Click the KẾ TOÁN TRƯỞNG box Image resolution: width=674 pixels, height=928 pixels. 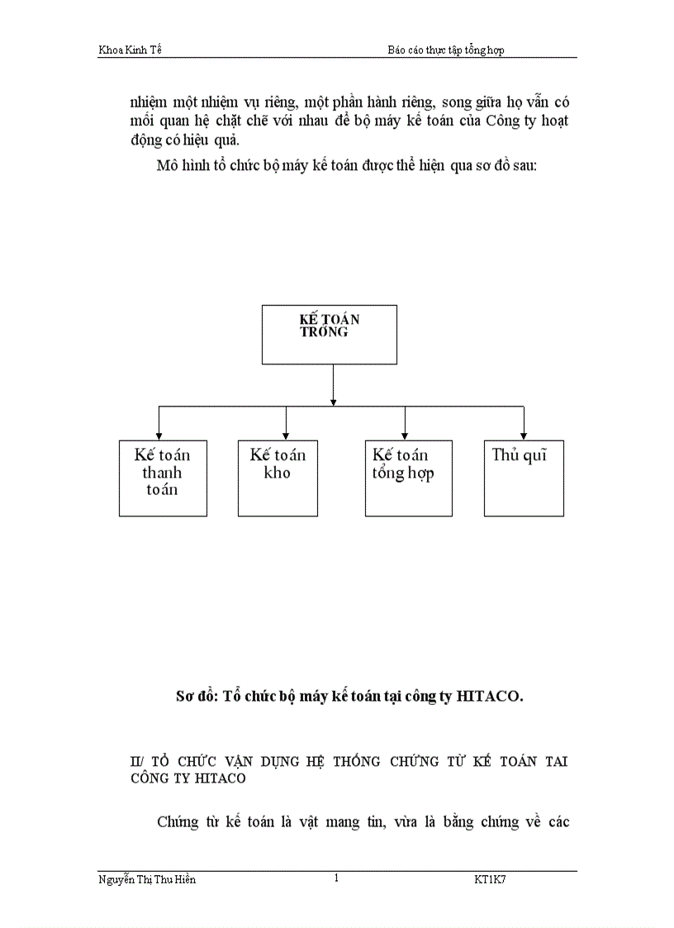tap(329, 334)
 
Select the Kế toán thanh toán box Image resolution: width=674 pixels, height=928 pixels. tap(162, 478)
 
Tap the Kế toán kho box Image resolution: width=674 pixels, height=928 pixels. tap(278, 478)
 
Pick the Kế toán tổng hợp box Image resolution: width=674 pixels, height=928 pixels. tap(408, 478)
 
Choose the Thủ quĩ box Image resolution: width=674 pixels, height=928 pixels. tap(524, 478)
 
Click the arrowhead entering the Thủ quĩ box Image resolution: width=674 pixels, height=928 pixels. tap(524, 435)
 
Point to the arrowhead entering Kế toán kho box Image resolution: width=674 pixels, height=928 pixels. tap(286, 435)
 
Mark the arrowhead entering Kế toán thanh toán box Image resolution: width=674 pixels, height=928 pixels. tap(159, 435)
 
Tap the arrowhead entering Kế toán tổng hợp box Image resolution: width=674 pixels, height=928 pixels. tap(405, 435)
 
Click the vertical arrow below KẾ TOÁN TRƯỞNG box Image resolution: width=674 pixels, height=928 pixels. tap(333, 384)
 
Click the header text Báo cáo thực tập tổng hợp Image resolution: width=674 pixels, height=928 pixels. tap(445, 50)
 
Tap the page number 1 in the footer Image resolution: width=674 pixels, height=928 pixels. tap(336, 878)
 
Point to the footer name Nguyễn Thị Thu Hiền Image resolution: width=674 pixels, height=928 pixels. tap(147, 880)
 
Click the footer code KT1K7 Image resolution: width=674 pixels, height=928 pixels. tap(490, 880)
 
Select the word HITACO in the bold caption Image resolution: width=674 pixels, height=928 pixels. tap(489, 697)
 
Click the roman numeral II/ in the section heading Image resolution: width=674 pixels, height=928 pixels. tap(136, 761)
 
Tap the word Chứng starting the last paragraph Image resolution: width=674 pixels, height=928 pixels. tap(177, 822)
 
